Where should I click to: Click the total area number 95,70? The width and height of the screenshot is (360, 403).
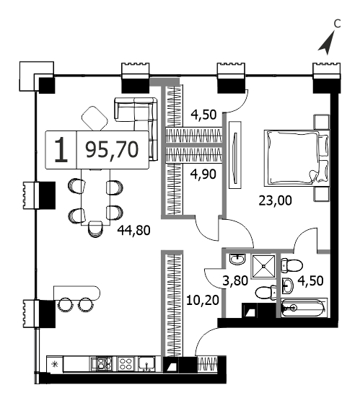coord(112,150)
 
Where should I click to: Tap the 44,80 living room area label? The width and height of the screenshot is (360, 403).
coord(133,230)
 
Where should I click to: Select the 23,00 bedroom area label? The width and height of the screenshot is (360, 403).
coord(275,200)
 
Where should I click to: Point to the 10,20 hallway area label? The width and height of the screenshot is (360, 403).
coord(203,300)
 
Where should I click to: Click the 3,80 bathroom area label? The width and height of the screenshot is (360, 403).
coord(235,280)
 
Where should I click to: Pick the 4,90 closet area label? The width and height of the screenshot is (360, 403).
coord(203,174)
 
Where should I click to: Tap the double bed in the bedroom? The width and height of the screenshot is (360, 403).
coord(297,158)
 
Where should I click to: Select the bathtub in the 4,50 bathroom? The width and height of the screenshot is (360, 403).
coord(304,308)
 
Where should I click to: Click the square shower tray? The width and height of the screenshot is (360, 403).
coord(263,266)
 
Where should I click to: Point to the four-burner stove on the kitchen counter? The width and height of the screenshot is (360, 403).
coord(126,364)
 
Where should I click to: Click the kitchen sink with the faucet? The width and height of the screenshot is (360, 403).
coord(146,364)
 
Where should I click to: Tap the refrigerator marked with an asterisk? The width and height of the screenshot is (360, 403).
coord(55,364)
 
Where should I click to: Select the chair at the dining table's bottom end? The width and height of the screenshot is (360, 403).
coord(95,229)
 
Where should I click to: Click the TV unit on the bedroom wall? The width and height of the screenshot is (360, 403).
coord(234,155)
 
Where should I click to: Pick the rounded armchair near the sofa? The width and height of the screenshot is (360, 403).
coord(95,119)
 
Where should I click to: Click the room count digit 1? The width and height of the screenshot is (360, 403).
coord(61,150)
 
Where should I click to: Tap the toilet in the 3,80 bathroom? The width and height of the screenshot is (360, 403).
coord(266,292)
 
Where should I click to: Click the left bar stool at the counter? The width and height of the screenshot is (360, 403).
coord(64,305)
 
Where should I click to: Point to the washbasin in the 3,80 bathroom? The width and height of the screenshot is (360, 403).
coord(237,260)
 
